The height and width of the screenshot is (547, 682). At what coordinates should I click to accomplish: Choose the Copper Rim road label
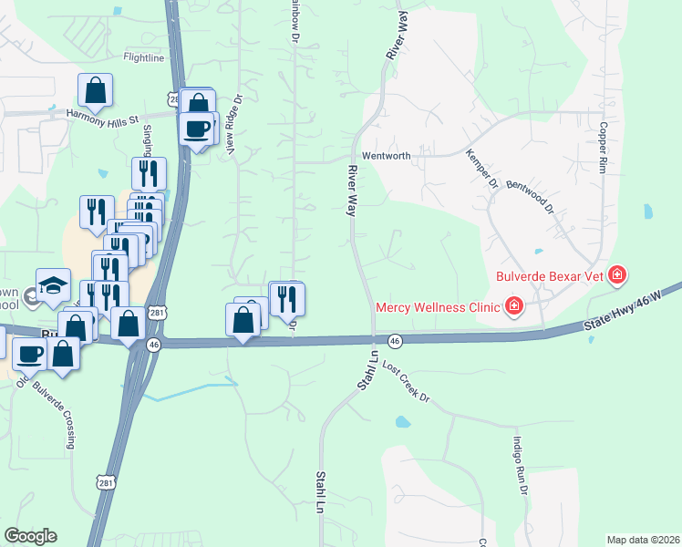(x=603, y=147)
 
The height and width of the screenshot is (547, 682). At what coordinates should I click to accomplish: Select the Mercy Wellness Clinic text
(x=437, y=305)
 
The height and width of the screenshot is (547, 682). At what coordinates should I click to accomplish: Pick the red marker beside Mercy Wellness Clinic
(x=515, y=305)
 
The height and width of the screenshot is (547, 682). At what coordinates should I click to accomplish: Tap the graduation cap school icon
(x=53, y=284)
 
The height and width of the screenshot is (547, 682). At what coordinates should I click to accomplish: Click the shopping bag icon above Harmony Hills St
(x=95, y=90)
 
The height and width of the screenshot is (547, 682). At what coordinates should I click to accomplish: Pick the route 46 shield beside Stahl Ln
(x=395, y=340)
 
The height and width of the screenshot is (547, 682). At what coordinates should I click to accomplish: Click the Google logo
(x=30, y=536)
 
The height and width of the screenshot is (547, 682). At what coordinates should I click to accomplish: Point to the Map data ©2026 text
(x=643, y=540)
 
